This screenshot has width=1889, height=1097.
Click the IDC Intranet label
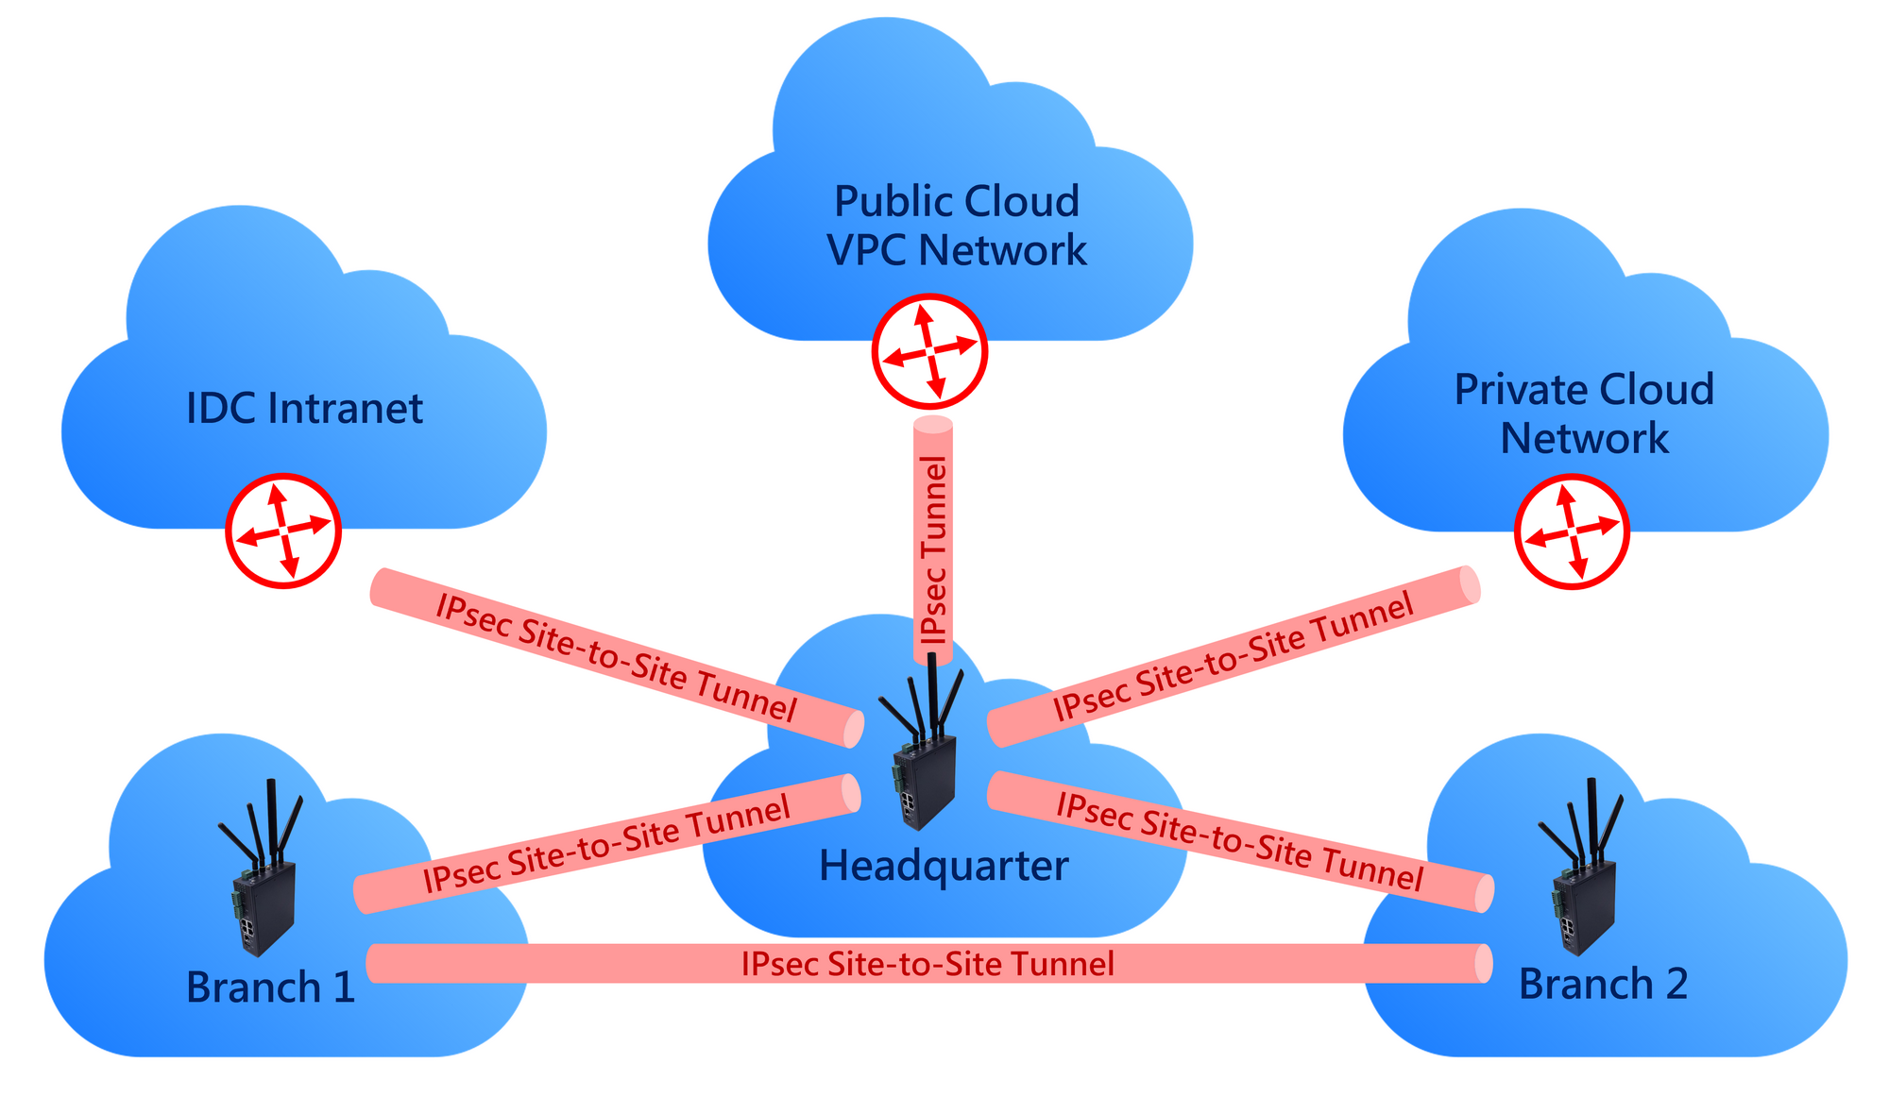pos(304,409)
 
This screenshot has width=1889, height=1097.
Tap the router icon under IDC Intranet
pos(283,531)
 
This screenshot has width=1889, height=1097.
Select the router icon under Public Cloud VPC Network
pos(929,351)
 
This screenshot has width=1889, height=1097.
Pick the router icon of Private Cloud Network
pos(1572,532)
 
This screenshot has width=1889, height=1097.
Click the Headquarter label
pos(943,866)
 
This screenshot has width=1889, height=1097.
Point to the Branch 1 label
pos(270,987)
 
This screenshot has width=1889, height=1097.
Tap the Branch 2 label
pos(1603,984)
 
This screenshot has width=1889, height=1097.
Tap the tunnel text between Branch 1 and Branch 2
pos(927,964)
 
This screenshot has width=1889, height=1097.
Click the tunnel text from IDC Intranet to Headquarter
pos(616,659)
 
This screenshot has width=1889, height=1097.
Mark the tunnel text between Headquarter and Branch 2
pos(1239,842)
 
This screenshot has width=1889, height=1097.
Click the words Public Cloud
pos(956,202)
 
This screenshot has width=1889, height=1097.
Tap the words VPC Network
pos(956,251)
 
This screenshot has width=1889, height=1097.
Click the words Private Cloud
pos(1584,390)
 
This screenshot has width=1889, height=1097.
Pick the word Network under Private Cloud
pos(1584,439)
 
